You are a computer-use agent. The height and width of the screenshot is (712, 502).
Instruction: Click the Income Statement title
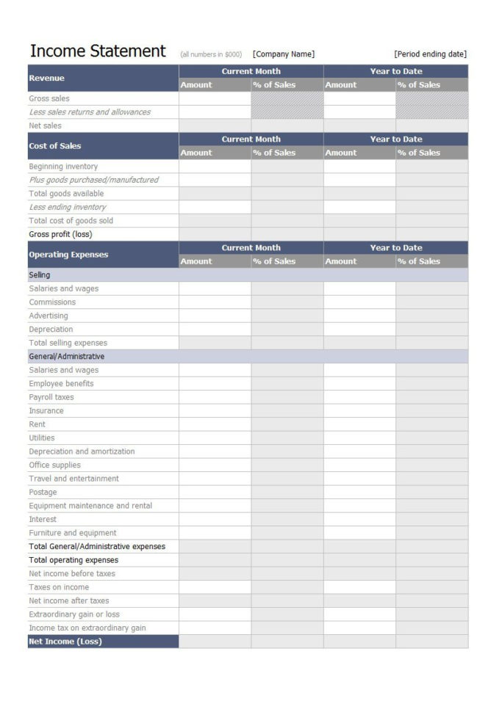(98, 51)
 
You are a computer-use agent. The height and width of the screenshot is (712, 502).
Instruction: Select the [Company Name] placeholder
(284, 54)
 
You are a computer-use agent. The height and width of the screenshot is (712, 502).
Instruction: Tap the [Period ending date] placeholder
(430, 54)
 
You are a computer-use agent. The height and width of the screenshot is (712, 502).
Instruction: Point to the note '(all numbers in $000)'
(211, 54)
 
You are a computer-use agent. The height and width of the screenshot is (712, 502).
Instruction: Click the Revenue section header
(47, 78)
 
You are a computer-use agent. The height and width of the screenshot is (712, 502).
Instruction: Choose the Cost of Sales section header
(54, 146)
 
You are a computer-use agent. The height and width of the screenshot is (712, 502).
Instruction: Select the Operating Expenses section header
(68, 255)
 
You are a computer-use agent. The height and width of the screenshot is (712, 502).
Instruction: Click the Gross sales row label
(49, 98)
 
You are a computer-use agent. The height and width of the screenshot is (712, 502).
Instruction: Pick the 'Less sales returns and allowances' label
(90, 112)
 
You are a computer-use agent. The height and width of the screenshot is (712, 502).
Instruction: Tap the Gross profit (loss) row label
(60, 234)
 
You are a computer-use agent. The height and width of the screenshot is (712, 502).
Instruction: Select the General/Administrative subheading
(66, 356)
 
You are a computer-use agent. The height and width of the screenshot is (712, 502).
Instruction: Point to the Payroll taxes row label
(51, 397)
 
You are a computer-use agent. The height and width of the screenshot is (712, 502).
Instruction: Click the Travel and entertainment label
(73, 479)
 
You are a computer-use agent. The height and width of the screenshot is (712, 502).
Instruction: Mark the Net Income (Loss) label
(65, 642)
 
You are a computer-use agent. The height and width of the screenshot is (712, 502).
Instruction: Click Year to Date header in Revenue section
(395, 71)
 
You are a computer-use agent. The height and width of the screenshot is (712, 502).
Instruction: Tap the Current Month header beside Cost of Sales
(251, 139)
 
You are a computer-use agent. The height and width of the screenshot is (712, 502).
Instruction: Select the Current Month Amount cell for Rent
(215, 424)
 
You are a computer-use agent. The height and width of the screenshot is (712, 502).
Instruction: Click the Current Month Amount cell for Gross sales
(215, 98)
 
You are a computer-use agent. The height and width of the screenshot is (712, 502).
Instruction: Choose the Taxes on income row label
(59, 587)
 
